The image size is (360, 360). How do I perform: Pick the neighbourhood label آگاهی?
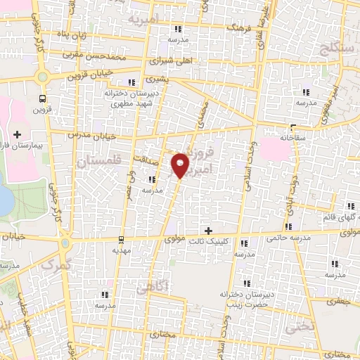click(x=153, y=286)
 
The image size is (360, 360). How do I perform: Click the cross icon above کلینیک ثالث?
click(x=207, y=231)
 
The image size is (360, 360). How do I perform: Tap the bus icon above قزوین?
click(x=44, y=99)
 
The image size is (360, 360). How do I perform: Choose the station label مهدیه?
click(x=121, y=250)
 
